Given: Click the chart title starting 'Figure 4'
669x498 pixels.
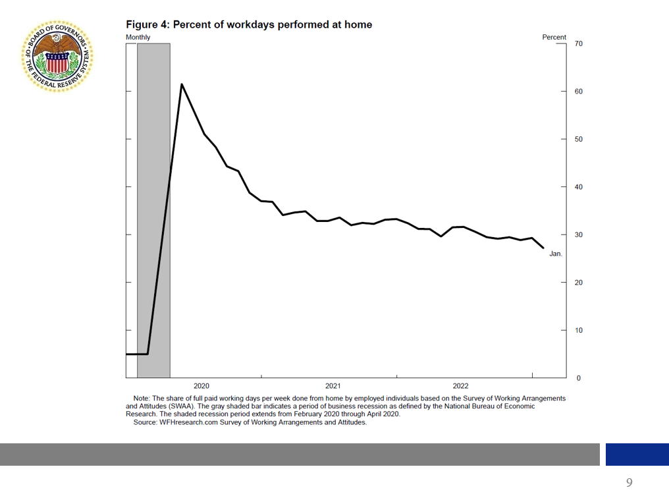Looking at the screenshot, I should (249, 25).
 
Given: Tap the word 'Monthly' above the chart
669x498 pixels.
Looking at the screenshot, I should (138, 38).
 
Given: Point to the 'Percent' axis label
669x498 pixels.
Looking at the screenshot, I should (554, 38).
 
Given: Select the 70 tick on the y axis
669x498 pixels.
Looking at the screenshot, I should (578, 43).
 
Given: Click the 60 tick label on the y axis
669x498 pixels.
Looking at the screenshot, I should (578, 92).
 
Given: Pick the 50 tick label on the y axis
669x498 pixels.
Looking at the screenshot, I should (578, 140).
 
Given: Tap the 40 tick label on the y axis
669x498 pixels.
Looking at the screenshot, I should (578, 187).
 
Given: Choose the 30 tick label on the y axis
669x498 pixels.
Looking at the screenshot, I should (578, 235).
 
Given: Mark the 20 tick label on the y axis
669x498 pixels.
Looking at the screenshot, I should (578, 283).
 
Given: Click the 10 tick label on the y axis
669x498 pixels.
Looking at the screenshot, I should (578, 331).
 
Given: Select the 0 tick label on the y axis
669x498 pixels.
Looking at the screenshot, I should (579, 378).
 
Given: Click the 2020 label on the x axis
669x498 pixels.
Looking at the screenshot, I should (201, 386).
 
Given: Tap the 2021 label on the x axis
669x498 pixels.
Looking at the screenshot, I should (333, 386).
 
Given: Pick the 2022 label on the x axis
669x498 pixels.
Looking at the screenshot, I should (460, 386).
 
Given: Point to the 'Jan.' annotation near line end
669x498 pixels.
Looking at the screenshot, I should (556, 254).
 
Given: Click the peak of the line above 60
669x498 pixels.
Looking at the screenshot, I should (182, 84).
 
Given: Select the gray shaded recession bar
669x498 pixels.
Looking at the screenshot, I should (153, 198).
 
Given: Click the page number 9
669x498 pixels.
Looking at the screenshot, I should (629, 483).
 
